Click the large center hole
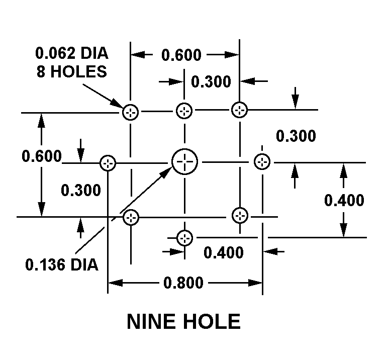(185, 162)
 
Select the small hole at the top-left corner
(131, 112)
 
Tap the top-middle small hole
(184, 111)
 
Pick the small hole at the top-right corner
(239, 110)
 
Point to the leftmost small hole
(108, 163)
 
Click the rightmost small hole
(262, 162)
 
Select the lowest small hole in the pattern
(185, 237)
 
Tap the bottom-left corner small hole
(131, 217)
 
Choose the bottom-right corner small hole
(240, 215)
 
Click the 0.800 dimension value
(183, 283)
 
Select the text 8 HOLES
(71, 71)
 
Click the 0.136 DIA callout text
(61, 264)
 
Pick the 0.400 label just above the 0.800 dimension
(223, 252)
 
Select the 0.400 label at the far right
(344, 200)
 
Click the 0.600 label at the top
(181, 55)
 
